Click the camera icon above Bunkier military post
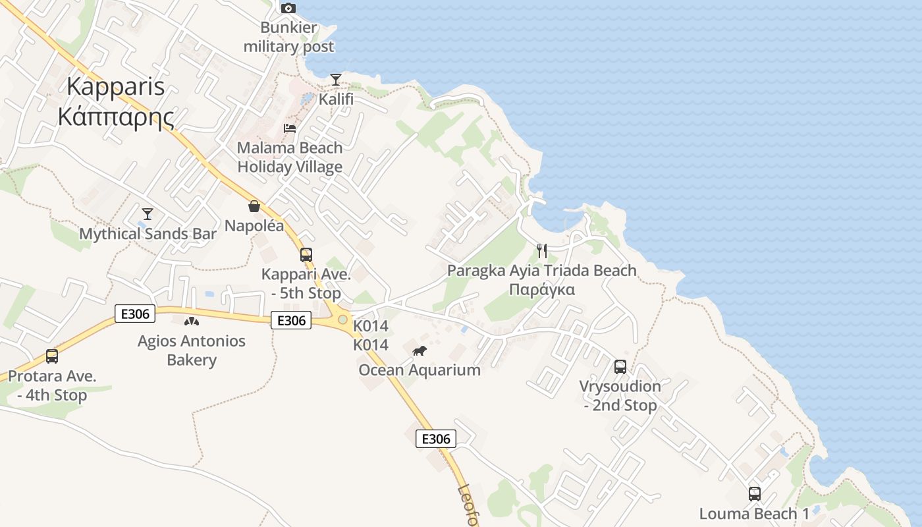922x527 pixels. tap(288, 9)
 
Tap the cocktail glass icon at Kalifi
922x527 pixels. tap(336, 80)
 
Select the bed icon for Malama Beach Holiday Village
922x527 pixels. tap(290, 128)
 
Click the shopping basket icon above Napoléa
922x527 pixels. tap(254, 206)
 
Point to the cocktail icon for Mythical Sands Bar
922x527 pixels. tap(148, 214)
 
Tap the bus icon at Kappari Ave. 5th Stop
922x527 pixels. tap(306, 255)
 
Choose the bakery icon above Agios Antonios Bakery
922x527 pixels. tap(192, 321)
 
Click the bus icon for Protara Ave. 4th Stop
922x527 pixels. tap(52, 356)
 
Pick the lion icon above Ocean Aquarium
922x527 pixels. tap(420, 350)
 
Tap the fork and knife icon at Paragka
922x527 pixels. tap(542, 251)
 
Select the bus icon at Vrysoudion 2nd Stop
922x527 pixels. tap(620, 367)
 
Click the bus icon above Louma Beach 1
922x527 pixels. tap(755, 493)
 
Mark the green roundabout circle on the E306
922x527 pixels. tap(342, 320)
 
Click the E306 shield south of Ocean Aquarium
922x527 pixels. tap(436, 439)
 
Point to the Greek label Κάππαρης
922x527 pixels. tap(116, 117)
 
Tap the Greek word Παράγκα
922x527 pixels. tap(542, 290)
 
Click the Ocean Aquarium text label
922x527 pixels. tap(420, 370)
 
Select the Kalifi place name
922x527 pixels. tap(336, 99)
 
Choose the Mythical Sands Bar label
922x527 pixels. tap(148, 234)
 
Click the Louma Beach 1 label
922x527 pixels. tap(755, 514)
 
